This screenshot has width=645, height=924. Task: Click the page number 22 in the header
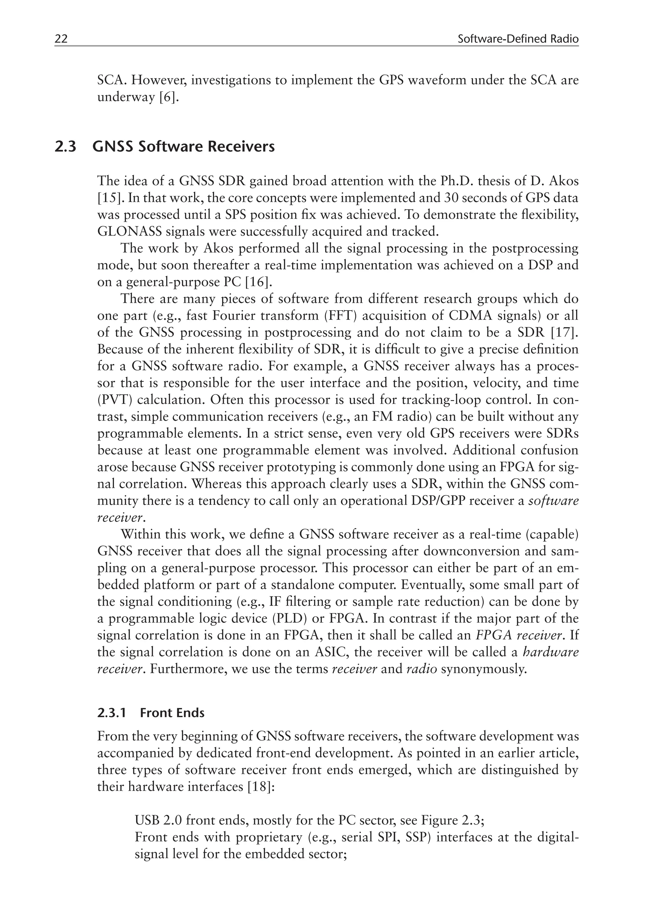tap(61, 39)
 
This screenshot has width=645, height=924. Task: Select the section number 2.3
tap(65, 146)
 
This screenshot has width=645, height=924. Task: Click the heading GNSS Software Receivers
tap(184, 146)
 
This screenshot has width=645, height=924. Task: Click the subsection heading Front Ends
tap(172, 713)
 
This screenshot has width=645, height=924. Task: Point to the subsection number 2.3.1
tap(111, 713)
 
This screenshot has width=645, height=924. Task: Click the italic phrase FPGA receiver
tap(519, 635)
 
